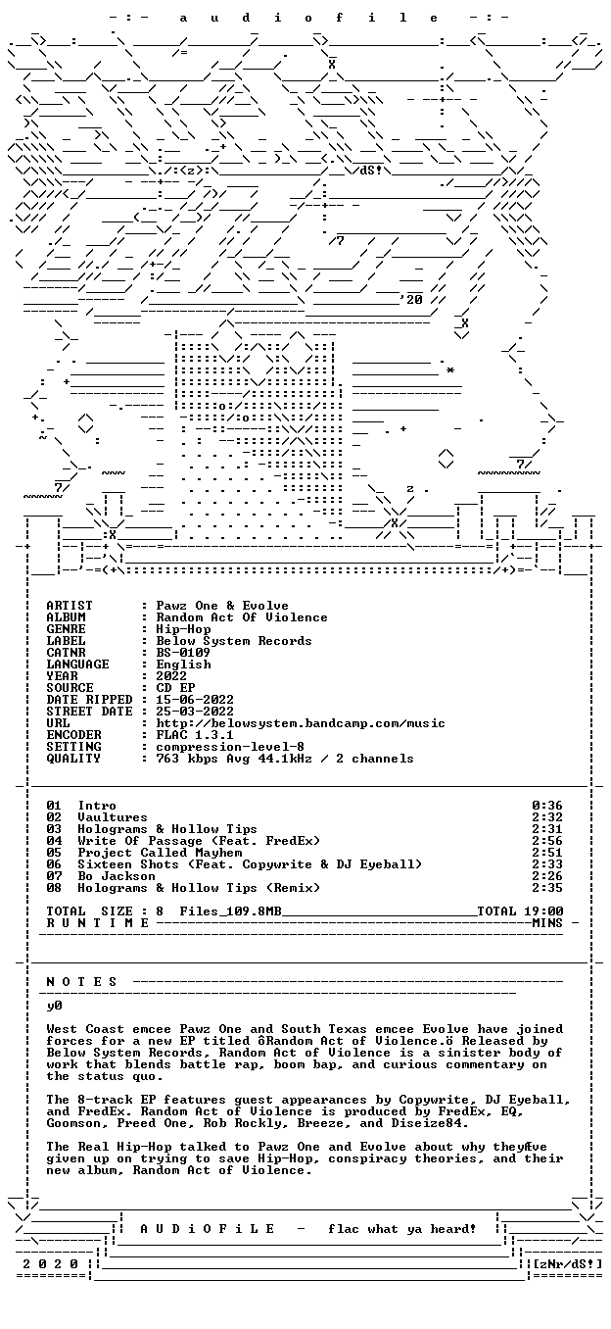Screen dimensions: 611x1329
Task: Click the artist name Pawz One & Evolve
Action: pos(222,606)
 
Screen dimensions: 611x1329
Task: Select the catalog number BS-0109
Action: pos(183,653)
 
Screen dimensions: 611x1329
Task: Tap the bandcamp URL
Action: pos(301,723)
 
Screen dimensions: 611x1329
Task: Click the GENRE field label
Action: pos(66,629)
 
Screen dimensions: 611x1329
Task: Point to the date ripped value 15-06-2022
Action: pos(195,700)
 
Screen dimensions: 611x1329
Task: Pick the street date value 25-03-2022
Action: pos(195,712)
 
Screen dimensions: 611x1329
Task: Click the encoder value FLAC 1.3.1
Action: pos(195,735)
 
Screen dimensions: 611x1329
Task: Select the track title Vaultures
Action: pos(113,817)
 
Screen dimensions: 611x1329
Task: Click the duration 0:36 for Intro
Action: pos(547,806)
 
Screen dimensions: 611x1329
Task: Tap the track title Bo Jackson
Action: pos(117,876)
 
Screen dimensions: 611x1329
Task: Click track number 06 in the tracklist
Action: pos(54,864)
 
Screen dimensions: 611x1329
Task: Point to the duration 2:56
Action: pos(547,841)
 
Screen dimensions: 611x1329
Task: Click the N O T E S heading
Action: pos(82,982)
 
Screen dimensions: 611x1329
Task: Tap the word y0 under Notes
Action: pos(54,1006)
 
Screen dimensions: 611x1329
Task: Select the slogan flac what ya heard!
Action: pos(402,1229)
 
